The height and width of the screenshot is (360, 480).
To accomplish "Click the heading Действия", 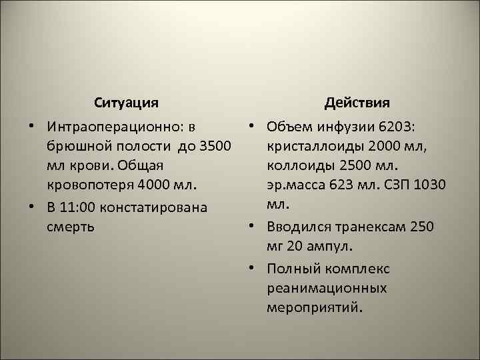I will pos(357,103).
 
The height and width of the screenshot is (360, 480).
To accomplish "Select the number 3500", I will pos(214,145).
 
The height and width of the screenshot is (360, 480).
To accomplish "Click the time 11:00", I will pos(79,207).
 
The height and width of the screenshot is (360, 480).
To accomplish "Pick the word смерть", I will pos(70,226).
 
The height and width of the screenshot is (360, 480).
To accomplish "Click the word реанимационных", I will pos(327,289).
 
